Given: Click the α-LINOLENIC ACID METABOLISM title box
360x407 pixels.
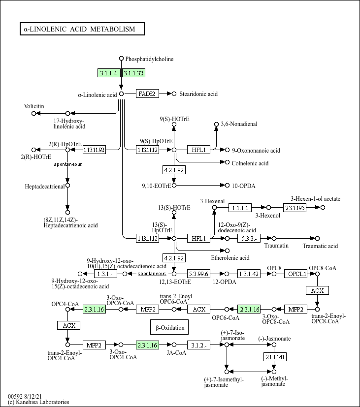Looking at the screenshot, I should coord(82,29).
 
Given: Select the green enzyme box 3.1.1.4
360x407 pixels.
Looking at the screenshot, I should coord(109,73).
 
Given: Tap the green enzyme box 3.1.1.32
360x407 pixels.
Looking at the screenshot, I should coord(133,73).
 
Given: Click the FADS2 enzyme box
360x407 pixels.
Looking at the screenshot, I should coord(147,94).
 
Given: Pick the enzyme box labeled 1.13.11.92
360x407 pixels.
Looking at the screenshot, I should coord(94,150).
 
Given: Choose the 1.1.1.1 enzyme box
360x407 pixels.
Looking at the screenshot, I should coord(242,208).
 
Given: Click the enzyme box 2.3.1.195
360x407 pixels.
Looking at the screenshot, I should coord(295,208).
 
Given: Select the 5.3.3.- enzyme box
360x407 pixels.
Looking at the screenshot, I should coord(248,239).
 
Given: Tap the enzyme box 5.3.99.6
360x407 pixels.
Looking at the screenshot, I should coord(198,274).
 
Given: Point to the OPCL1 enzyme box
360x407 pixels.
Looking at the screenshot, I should coord(297,274).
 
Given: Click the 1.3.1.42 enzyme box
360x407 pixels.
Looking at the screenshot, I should coord(248,274).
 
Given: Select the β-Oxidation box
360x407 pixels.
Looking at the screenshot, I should coord(170,327).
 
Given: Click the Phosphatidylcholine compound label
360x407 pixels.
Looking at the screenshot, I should coord(149,59).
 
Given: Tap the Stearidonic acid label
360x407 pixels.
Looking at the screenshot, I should coord(198,94).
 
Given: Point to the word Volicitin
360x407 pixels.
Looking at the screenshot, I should coord(34,106).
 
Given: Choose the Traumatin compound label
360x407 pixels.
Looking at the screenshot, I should coord(276,246).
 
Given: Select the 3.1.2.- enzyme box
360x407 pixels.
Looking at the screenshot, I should coord(198,345).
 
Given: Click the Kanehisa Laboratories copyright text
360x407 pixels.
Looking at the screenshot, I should coord(38,402).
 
